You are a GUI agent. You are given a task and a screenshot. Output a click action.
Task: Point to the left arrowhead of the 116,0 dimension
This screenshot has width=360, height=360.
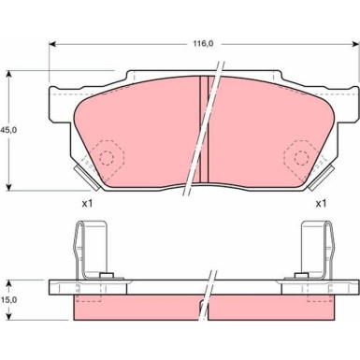(53, 44)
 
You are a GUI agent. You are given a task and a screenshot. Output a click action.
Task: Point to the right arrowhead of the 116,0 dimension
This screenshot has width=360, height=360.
(354, 44)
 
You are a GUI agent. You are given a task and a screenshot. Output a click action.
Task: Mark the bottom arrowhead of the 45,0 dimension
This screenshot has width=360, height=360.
(10, 186)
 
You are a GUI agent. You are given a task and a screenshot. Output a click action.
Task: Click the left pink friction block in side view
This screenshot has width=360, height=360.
(131, 308)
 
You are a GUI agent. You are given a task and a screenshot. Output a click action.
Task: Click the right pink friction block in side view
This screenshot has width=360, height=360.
(281, 308)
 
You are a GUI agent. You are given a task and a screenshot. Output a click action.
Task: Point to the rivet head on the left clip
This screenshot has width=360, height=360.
(108, 274)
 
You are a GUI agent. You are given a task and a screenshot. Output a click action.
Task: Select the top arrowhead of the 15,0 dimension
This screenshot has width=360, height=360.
(10, 281)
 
